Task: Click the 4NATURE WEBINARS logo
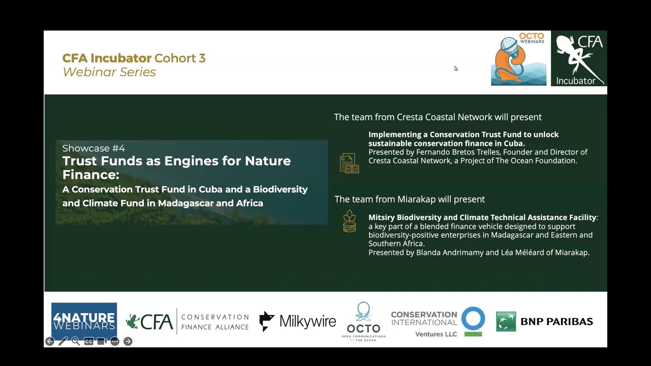[84, 321]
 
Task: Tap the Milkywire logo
[298, 322]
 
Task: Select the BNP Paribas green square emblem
[506, 322]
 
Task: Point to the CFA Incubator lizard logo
[579, 58]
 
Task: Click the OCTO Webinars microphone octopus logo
[519, 59]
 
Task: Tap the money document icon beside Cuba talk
[349, 163]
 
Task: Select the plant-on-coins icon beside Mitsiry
[349, 221]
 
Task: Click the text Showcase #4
[94, 148]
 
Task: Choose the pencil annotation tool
[63, 341]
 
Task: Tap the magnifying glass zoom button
[76, 341]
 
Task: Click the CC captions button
[89, 341]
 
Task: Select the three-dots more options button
[115, 341]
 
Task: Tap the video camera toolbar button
[102, 341]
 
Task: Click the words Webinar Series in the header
[109, 72]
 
